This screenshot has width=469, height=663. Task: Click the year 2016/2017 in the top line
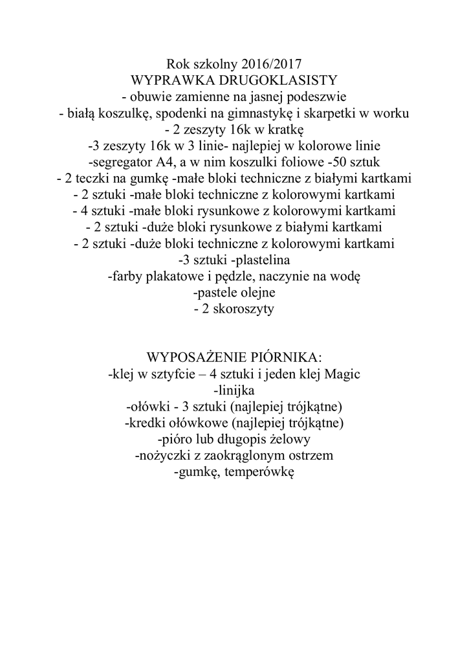(x=271, y=64)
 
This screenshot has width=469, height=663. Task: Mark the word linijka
(x=236, y=391)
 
